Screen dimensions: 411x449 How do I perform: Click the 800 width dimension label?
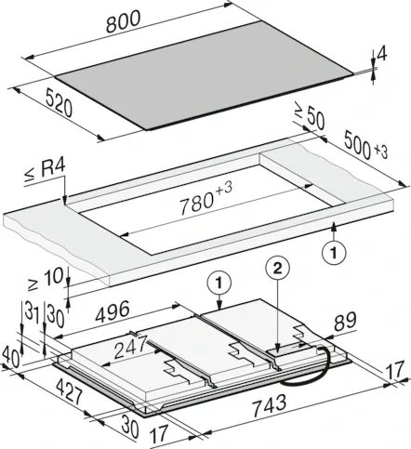123,21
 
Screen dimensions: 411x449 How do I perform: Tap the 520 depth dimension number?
59,102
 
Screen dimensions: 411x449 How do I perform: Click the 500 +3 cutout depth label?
365,145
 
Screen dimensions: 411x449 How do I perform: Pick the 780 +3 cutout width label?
205,199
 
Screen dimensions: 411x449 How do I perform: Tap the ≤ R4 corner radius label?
46,171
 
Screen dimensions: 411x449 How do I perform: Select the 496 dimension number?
112,311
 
